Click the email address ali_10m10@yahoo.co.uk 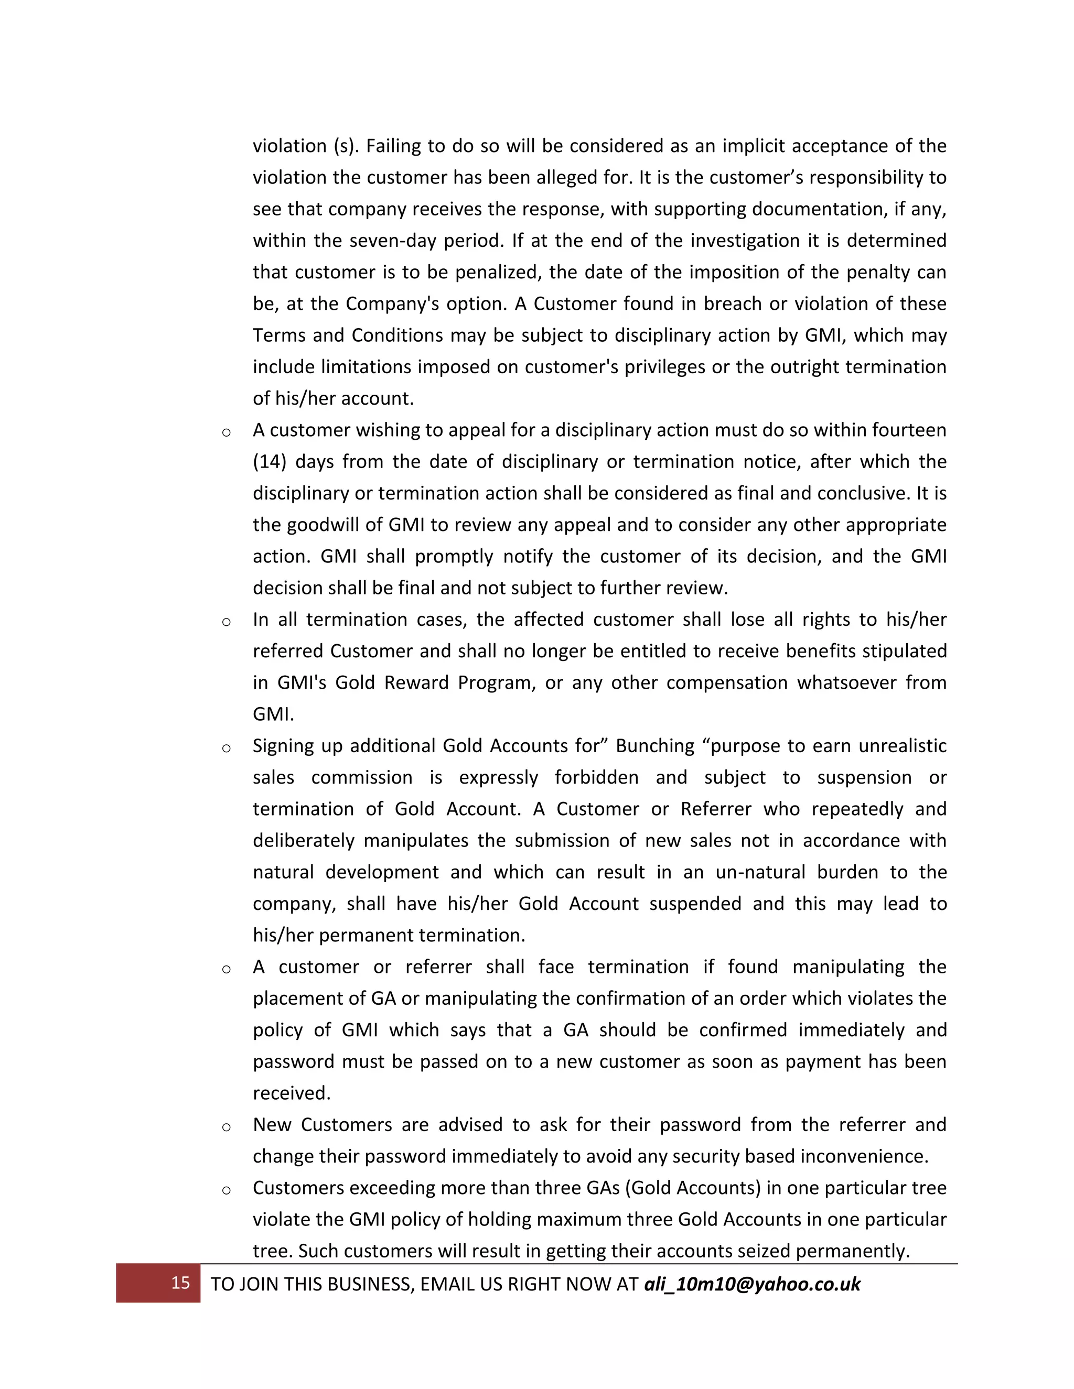point(752,1284)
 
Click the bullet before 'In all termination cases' point(226,622)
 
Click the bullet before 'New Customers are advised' point(226,1127)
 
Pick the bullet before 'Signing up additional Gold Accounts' point(226,748)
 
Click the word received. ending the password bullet point(292,1093)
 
